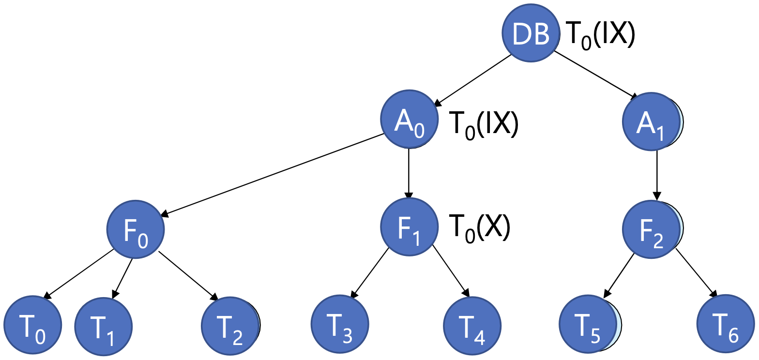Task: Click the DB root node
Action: pyautogui.click(x=531, y=33)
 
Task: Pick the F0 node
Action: pyautogui.click(x=136, y=229)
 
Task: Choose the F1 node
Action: pyautogui.click(x=410, y=227)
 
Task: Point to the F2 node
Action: pyautogui.click(x=651, y=228)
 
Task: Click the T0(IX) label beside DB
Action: pyautogui.click(x=600, y=34)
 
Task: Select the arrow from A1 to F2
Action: pyautogui.click(x=656, y=174)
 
